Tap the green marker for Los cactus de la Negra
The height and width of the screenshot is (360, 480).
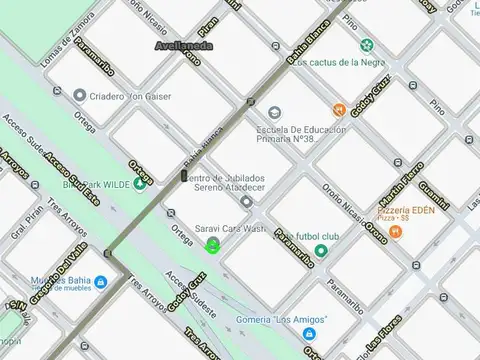click(x=367, y=44)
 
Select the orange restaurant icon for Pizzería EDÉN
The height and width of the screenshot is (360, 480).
click(x=396, y=231)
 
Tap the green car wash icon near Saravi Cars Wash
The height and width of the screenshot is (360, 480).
click(x=212, y=246)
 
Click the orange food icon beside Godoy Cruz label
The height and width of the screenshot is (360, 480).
click(x=340, y=109)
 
